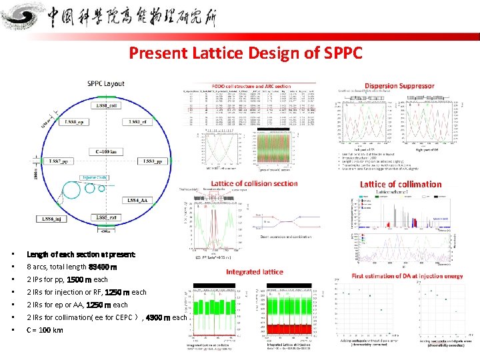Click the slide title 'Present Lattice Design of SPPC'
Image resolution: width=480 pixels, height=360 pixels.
(x=245, y=52)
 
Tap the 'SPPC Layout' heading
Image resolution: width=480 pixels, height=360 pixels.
(x=105, y=84)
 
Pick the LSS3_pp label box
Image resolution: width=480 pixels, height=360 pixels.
(x=151, y=161)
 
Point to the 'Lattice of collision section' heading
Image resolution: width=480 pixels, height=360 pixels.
(x=253, y=183)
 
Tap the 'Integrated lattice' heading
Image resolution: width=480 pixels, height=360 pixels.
(x=254, y=271)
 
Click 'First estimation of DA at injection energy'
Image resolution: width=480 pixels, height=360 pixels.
(x=407, y=277)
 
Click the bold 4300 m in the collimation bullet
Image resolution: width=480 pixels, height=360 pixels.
(x=158, y=318)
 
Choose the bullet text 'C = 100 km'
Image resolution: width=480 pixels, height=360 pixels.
(x=45, y=331)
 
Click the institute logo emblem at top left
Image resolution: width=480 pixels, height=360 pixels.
(x=25, y=17)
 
